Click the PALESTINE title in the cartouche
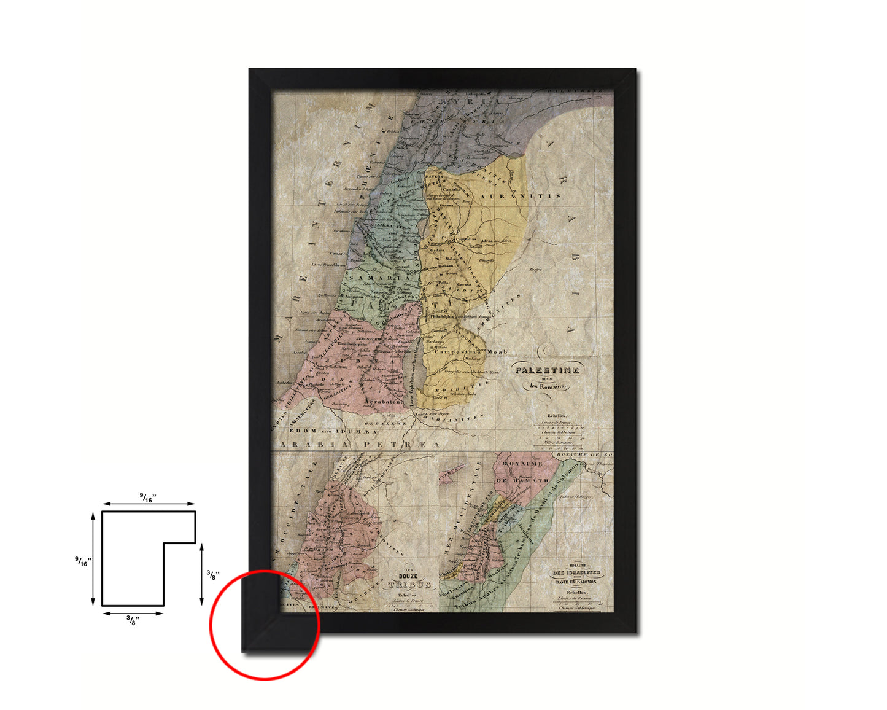point(547,370)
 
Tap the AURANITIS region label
point(521,196)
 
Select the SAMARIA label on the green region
point(379,278)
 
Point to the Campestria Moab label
point(471,352)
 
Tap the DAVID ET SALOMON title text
point(576,581)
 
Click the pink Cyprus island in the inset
point(451,471)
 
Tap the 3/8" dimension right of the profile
point(211,575)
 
